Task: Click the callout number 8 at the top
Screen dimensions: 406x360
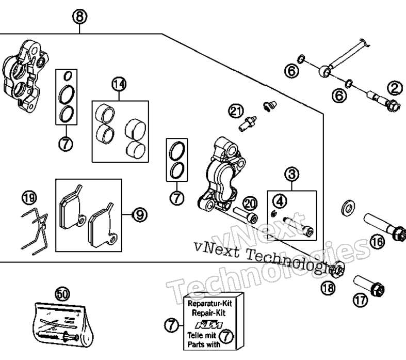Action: [79, 17]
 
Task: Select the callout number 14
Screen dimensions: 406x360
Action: [119, 84]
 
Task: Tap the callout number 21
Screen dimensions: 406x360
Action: [236, 111]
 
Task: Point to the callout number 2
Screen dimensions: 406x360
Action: [395, 88]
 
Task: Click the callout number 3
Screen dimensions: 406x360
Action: [292, 175]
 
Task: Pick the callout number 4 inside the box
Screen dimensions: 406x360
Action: [280, 201]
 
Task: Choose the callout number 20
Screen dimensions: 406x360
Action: [250, 204]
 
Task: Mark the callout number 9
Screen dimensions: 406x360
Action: [140, 214]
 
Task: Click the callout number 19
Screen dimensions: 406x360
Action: [29, 198]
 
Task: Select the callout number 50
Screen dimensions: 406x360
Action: [62, 294]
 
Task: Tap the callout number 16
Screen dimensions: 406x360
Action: [377, 242]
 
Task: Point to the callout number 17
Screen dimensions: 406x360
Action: [360, 301]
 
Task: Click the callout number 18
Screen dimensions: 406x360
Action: [328, 288]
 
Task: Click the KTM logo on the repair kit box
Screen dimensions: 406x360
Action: [209, 325]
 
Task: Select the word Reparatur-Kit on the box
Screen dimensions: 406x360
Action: [210, 303]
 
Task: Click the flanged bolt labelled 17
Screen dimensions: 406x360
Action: [369, 286]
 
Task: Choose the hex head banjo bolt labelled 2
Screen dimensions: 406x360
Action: [384, 101]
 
